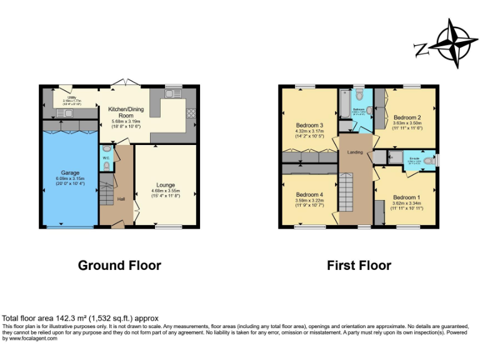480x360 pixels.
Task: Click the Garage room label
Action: tap(69, 172)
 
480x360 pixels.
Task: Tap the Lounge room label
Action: tap(166, 184)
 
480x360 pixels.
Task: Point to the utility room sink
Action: tap(63, 113)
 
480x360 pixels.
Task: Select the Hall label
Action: tap(121, 199)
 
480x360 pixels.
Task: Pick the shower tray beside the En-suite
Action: tap(395, 157)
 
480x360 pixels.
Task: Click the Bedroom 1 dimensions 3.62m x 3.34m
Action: tap(406, 202)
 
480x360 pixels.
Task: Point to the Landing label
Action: tap(355, 152)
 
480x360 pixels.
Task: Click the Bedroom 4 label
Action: tap(309, 194)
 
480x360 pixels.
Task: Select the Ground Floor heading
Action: tap(119, 265)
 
